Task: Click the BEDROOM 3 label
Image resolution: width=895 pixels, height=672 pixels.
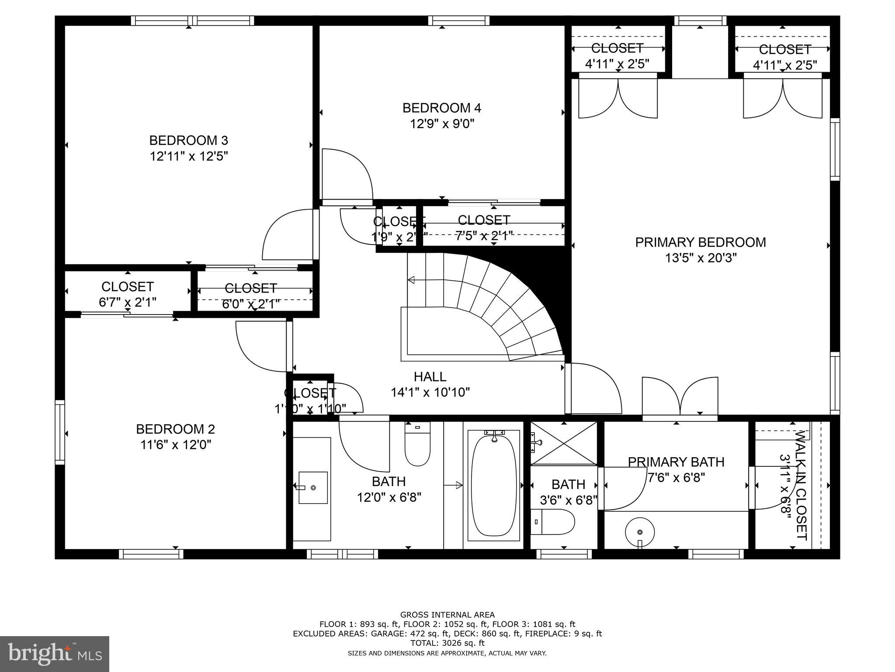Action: tap(188, 140)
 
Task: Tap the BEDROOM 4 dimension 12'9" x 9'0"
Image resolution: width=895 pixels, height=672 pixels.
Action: tap(442, 124)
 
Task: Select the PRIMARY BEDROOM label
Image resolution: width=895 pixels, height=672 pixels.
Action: tap(700, 242)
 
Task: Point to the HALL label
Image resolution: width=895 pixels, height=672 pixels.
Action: tap(430, 376)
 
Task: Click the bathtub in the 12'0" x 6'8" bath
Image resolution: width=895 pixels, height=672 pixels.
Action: tap(493, 484)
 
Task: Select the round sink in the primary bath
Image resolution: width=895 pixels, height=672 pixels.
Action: tap(640, 532)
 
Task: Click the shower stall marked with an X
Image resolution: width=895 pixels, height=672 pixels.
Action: tap(563, 443)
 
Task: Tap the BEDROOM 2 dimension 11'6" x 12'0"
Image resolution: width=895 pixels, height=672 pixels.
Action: tap(176, 445)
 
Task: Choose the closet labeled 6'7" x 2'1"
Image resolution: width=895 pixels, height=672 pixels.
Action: tap(128, 294)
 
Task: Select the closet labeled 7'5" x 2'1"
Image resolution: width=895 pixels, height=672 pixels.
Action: tap(484, 227)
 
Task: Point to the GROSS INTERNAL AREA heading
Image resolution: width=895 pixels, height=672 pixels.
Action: tap(447, 615)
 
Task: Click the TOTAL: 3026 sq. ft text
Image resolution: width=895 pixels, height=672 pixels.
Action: tap(447, 643)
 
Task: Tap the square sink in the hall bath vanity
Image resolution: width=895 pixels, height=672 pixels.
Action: tap(313, 487)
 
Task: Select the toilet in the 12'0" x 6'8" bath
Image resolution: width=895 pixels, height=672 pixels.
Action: tap(417, 444)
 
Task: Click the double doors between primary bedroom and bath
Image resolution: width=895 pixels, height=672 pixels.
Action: tap(680, 396)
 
